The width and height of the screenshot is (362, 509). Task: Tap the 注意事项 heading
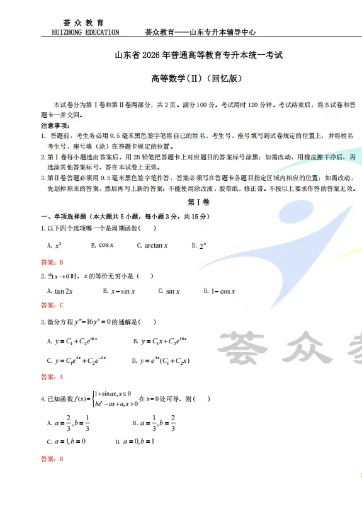click(x=55, y=126)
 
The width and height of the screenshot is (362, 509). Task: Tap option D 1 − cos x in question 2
click(x=221, y=291)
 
